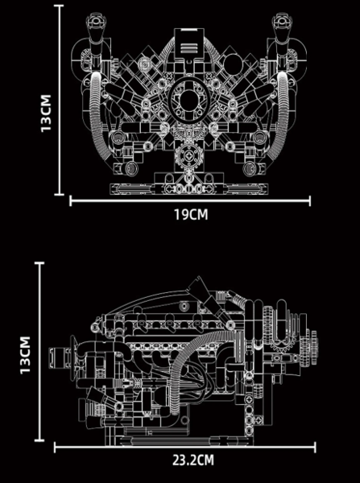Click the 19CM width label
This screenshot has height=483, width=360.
[191, 215]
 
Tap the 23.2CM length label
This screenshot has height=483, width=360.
[193, 461]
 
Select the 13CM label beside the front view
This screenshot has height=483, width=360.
[46, 113]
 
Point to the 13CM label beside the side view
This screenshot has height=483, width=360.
[25, 355]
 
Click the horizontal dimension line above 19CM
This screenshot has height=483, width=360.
[190, 201]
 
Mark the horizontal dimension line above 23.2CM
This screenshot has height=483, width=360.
[185, 447]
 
